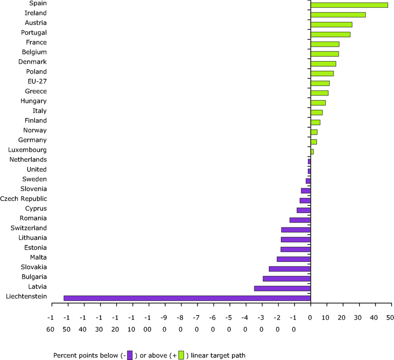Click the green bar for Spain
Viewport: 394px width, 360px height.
(349, 5)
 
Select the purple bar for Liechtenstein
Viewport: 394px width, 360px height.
(187, 298)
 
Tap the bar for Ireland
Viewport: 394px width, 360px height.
(338, 15)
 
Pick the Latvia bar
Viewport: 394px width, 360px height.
(282, 288)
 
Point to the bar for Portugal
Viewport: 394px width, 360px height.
(330, 34)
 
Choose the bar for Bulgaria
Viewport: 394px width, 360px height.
(286, 278)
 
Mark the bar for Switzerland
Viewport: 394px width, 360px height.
(295, 230)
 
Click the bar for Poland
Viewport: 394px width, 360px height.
(322, 73)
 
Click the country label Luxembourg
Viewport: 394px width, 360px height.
(28, 150)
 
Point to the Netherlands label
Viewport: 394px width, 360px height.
(28, 160)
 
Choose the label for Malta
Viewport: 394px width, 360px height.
(38, 257)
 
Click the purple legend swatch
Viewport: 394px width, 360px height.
(130, 354)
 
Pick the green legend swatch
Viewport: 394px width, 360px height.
(181, 354)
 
